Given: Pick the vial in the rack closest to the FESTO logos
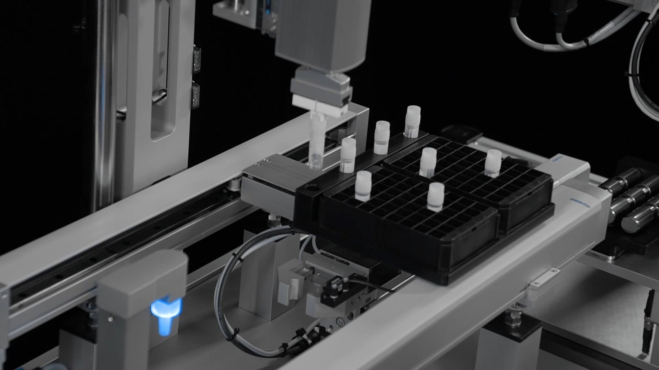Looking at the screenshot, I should click(x=493, y=163).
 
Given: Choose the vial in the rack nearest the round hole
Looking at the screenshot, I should click(x=363, y=185).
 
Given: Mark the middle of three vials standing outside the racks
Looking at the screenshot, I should click(x=381, y=137).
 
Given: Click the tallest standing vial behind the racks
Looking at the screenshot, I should click(x=412, y=121).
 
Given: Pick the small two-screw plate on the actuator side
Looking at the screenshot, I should click(x=545, y=277).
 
